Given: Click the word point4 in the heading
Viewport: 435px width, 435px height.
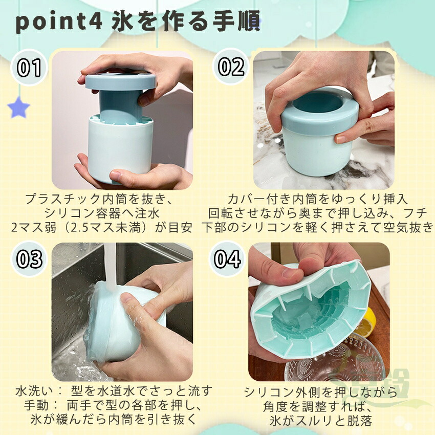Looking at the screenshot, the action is pyautogui.click(x=59, y=23).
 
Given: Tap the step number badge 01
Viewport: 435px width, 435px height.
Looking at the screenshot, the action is pyautogui.click(x=29, y=68).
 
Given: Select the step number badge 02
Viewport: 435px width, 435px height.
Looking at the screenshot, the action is pyautogui.click(x=231, y=67).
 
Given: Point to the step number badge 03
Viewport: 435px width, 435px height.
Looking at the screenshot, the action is pyautogui.click(x=29, y=259).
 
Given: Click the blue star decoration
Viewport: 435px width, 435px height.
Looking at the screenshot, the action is pyautogui.click(x=18, y=107).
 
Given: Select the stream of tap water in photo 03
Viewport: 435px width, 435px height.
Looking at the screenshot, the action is pyautogui.click(x=110, y=266).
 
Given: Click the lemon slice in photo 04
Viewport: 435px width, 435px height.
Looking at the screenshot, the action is pyautogui.click(x=367, y=322).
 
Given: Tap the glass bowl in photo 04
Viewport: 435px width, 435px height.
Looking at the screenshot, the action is pyautogui.click(x=334, y=360).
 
